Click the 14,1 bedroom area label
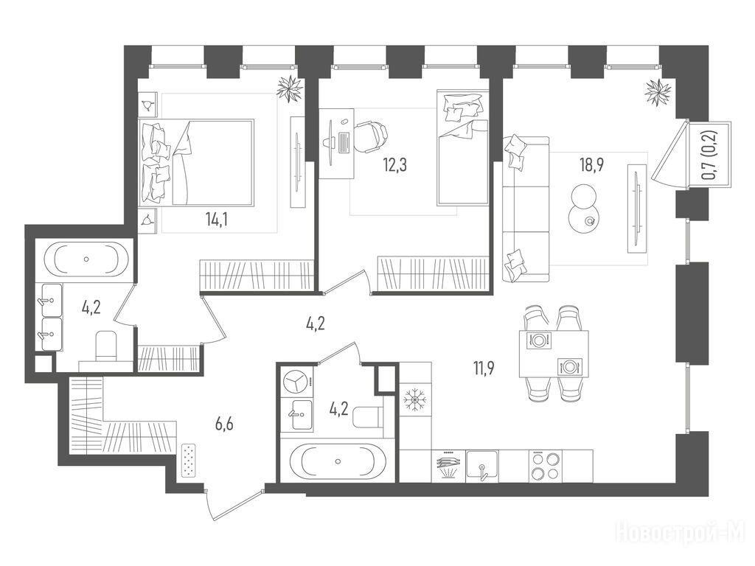[x=216, y=220]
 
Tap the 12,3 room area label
[x=395, y=165]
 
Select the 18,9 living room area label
[x=592, y=164]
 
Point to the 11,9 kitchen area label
[x=484, y=368]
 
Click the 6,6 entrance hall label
[x=224, y=424]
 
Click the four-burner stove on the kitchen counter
[x=545, y=466]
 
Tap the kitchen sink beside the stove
[x=482, y=466]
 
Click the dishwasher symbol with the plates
[x=448, y=466]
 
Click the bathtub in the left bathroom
[x=87, y=259]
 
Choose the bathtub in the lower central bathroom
[x=338, y=461]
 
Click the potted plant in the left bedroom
[x=289, y=88]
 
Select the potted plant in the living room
[x=658, y=92]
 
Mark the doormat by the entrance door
[x=189, y=461]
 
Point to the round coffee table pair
[x=584, y=209]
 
